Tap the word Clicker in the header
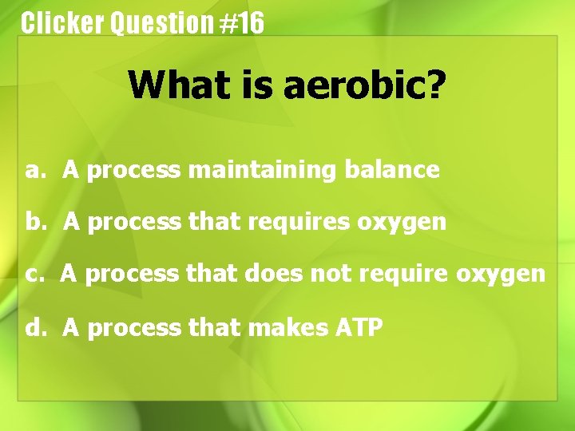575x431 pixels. pyautogui.click(x=62, y=23)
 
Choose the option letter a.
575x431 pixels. pyautogui.click(x=32, y=170)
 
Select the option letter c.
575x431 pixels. pyautogui.click(x=32, y=275)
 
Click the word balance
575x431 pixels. pyautogui.click(x=391, y=169)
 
